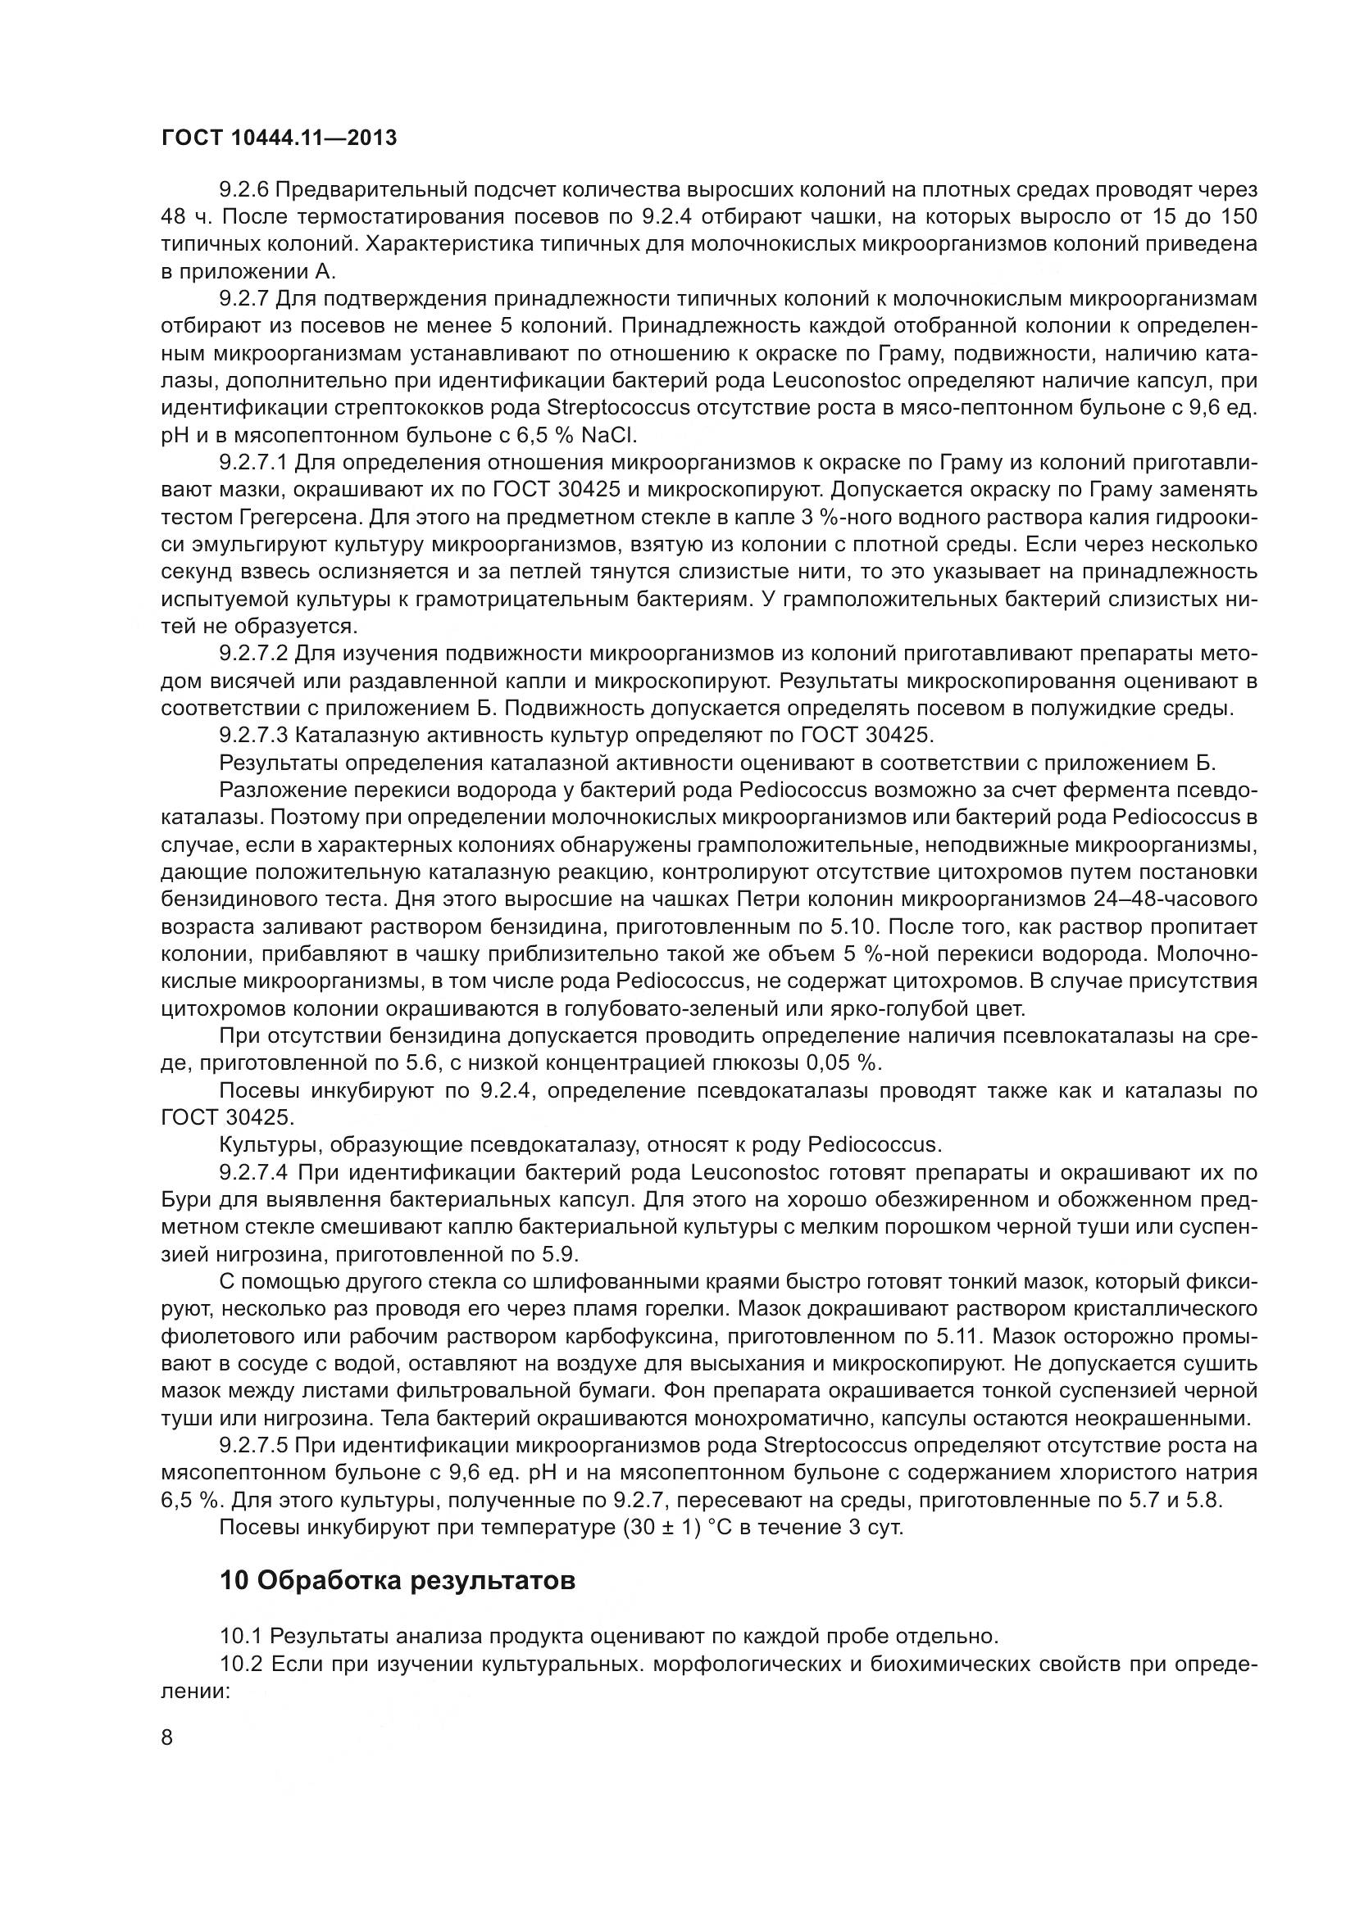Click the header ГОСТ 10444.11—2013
(279, 138)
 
